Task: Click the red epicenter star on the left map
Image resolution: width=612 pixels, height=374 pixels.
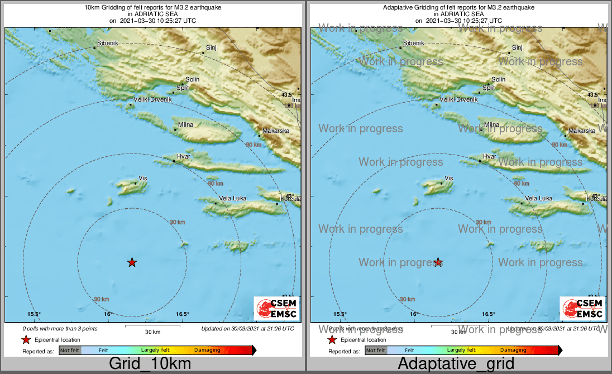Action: coord(132,262)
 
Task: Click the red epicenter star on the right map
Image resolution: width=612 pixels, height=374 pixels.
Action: coord(438,262)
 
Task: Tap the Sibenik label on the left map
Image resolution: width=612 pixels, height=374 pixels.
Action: coord(108,43)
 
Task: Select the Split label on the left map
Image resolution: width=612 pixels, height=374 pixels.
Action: coord(183,88)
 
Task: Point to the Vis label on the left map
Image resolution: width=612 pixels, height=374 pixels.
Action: coord(142,178)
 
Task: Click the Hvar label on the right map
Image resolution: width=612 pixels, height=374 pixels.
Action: coord(489,157)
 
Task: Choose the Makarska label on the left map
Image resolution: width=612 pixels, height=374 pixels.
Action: coord(276,131)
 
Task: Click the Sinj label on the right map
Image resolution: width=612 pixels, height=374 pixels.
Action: coord(517,48)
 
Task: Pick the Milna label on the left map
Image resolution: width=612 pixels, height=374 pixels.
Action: coord(185,124)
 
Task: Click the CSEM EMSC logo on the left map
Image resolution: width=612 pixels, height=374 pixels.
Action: coord(276,308)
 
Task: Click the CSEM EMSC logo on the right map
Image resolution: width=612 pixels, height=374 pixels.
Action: coord(583,308)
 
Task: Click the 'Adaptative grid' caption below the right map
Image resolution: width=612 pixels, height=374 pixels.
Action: coord(456,364)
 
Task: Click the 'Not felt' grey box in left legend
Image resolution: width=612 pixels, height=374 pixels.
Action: coord(70,351)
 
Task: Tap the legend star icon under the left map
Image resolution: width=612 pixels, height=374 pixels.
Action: coord(26,339)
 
